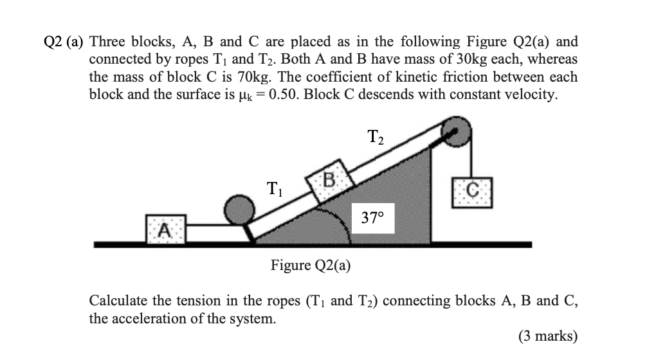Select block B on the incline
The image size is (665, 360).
pyautogui.click(x=329, y=179)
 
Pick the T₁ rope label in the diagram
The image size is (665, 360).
pyautogui.click(x=273, y=190)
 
